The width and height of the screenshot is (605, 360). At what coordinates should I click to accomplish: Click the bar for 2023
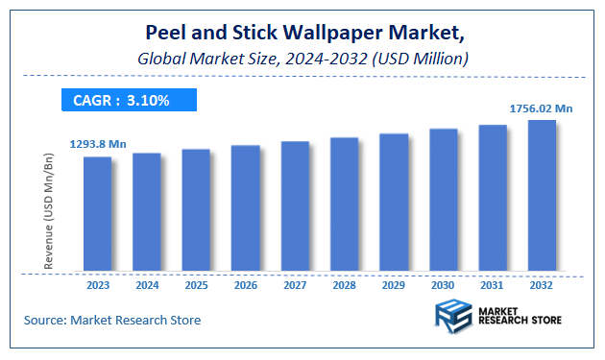(x=97, y=213)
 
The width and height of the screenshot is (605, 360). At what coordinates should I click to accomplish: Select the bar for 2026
(x=246, y=207)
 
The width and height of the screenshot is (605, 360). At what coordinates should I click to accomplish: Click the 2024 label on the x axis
(x=147, y=285)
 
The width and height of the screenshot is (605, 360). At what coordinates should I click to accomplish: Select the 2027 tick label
(x=295, y=285)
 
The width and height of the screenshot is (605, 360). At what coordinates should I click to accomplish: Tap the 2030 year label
(x=443, y=285)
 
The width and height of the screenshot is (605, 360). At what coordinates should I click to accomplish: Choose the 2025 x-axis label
(x=196, y=285)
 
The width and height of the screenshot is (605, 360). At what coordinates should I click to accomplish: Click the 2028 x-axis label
(x=344, y=285)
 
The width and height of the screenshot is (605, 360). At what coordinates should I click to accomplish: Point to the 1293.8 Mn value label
(x=98, y=144)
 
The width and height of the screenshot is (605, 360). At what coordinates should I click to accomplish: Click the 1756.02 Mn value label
(x=542, y=109)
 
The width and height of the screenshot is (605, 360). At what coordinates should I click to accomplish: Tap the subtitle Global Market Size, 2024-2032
(x=302, y=60)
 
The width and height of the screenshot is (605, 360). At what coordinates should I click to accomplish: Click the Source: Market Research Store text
(x=112, y=320)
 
